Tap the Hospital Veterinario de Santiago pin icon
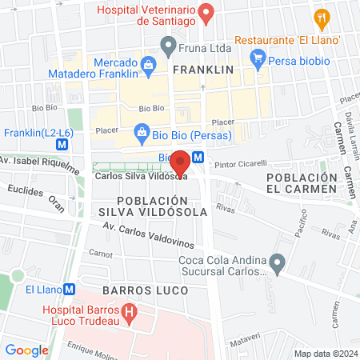click(206, 13)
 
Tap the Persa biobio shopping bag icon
click(258, 57)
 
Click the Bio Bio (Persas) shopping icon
click(142, 130)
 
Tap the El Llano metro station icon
click(70, 290)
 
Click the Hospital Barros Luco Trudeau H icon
click(127, 310)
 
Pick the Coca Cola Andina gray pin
click(278, 262)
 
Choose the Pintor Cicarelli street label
click(240, 163)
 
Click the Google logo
click(26, 350)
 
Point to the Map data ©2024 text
click(325, 354)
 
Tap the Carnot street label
click(101, 253)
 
